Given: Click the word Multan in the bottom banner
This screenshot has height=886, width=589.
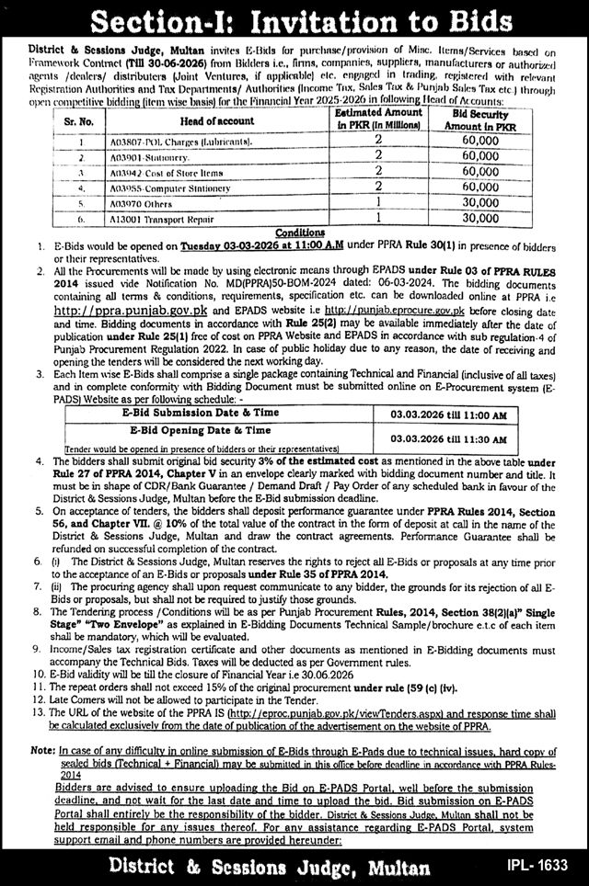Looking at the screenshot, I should [387, 864].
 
